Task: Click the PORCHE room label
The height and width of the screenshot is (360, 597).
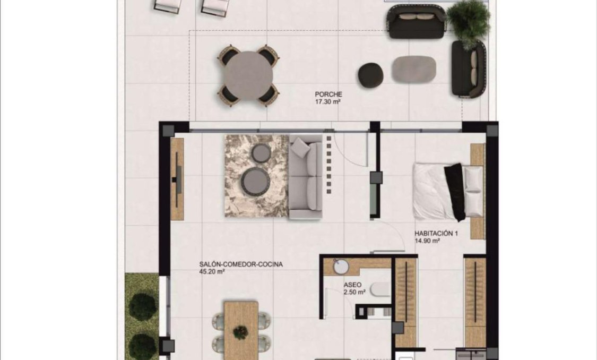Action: coord(325,95)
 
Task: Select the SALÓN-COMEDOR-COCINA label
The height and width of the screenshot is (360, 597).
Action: coord(241,264)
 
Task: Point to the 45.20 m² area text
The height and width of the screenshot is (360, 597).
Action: coord(213,271)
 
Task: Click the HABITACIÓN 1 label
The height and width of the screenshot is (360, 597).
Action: coord(436,233)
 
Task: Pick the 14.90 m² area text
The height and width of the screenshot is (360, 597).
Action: coord(428,240)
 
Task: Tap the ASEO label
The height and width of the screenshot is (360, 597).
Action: coord(352,285)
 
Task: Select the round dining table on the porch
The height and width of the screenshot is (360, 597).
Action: coord(248,75)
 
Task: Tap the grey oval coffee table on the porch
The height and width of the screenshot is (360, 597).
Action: coord(414,70)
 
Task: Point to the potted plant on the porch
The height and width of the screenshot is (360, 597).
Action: coord(468,21)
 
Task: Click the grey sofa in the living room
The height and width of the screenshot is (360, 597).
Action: coord(306,176)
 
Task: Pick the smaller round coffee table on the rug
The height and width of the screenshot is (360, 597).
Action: coord(261,153)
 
